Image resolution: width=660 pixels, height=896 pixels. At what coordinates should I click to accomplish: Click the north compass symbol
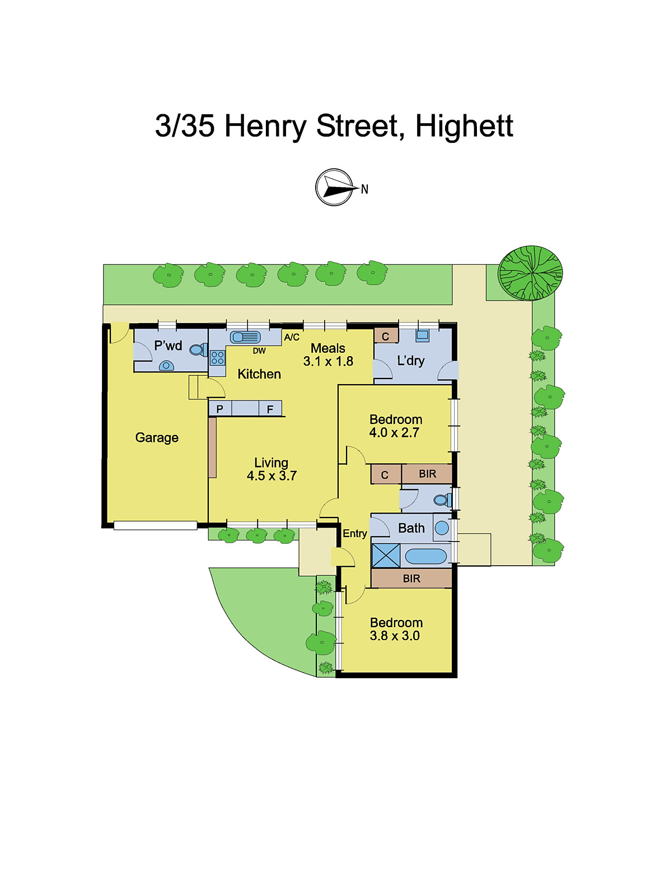(335, 187)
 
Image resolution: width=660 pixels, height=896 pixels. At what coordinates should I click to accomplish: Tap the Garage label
(157, 437)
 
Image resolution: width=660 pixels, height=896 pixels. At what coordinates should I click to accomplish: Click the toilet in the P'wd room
(198, 350)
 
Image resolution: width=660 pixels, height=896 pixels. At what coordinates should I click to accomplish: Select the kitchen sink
(245, 337)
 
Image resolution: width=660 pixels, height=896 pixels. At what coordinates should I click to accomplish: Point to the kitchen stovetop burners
(217, 358)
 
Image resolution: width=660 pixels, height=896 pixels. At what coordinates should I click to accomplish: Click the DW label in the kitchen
(259, 351)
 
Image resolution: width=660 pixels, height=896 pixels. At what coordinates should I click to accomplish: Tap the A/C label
(292, 337)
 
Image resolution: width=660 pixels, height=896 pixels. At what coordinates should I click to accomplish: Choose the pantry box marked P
(220, 409)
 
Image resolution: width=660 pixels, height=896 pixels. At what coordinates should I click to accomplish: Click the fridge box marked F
(270, 409)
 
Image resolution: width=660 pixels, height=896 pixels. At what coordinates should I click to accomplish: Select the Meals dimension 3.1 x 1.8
(328, 362)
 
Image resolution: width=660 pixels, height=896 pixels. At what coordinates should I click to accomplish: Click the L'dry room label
(410, 361)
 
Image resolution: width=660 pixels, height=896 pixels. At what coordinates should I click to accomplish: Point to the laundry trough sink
(422, 335)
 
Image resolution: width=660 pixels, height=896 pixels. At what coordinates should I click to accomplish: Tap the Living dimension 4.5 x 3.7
(272, 476)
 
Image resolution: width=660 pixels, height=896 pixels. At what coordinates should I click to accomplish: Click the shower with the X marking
(386, 556)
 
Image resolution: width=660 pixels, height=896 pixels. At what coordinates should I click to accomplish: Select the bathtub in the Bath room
(425, 556)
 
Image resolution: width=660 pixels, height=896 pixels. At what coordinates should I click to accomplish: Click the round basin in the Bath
(442, 528)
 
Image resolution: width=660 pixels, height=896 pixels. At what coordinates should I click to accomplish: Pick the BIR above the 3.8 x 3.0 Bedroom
(411, 578)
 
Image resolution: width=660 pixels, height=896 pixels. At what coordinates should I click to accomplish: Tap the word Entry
(355, 533)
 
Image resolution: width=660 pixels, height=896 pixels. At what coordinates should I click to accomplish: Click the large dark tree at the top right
(530, 273)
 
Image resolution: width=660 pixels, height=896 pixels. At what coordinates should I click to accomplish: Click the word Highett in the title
(464, 126)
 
